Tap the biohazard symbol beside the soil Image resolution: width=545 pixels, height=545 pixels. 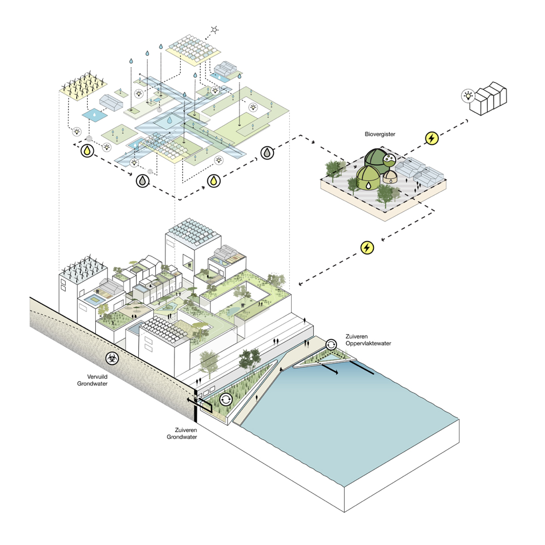(112, 358)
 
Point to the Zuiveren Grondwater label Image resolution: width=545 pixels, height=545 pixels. (182, 433)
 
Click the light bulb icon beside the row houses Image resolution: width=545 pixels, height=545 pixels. (468, 95)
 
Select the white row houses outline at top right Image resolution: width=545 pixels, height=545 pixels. (488, 99)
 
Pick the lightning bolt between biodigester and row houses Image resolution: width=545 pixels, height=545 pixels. (431, 138)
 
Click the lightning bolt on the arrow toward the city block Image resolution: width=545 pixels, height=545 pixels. (368, 247)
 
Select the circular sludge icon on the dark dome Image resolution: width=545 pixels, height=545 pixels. (389, 160)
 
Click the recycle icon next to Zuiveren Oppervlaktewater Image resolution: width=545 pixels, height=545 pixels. (331, 345)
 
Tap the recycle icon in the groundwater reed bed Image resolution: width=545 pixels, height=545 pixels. (226, 400)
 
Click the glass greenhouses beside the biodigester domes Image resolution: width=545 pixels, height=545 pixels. (420, 172)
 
